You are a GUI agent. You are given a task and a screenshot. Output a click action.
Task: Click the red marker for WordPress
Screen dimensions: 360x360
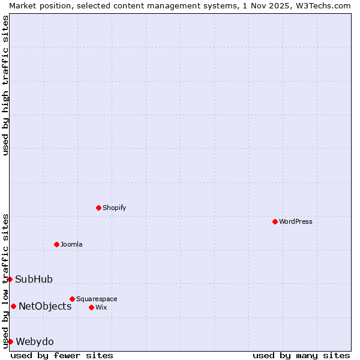point(275,221)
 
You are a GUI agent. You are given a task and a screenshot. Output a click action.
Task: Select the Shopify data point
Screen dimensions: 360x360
point(98,208)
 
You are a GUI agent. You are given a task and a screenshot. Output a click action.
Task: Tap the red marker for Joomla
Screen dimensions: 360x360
point(56,244)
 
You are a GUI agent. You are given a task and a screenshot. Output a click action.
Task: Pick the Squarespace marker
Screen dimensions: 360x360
point(72,299)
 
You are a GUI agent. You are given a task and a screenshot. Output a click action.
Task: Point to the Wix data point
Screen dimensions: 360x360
point(91,307)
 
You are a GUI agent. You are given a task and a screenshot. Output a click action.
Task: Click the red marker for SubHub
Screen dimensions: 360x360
point(10,279)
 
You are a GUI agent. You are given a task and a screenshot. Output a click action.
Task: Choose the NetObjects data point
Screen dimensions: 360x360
point(13,306)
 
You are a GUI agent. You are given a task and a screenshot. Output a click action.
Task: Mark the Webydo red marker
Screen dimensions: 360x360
point(10,341)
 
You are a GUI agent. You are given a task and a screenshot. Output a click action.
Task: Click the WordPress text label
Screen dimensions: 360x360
point(296,221)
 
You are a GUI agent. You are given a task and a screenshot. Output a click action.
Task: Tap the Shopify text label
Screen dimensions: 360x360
point(114,208)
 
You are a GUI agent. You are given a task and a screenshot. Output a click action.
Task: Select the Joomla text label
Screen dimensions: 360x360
point(71,244)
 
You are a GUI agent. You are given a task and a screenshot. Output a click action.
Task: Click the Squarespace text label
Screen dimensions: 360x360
point(97,299)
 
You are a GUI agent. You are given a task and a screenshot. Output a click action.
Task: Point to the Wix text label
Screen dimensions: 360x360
point(101,307)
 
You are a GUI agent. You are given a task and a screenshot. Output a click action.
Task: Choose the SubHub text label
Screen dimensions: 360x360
point(34,279)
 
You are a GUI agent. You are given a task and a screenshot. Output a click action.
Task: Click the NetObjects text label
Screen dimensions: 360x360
point(45,306)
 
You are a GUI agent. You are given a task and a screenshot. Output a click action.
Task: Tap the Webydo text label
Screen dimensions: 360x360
point(35,341)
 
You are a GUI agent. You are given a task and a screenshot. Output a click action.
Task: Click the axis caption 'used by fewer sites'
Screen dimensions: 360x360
point(62,355)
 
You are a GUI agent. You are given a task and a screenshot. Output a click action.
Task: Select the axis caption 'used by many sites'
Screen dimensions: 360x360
point(301,355)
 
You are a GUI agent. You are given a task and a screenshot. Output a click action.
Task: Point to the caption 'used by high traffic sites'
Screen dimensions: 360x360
point(5,85)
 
